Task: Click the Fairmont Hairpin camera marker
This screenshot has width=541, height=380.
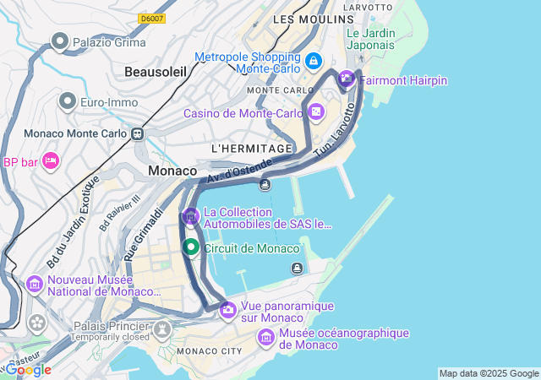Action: [347, 80]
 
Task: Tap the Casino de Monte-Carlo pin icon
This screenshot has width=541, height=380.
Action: [316, 111]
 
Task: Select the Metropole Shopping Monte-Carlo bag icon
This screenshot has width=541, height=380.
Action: [314, 62]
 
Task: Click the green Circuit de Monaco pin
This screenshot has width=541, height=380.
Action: [191, 247]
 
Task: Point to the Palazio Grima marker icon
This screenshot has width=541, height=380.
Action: [60, 41]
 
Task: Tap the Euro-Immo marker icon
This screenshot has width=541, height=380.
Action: [68, 102]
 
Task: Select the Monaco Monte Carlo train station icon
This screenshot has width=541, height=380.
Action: [137, 133]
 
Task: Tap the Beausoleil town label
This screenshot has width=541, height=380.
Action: [155, 73]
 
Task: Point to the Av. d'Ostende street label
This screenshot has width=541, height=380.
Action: [240, 170]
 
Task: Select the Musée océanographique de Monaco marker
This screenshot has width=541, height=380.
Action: [265, 338]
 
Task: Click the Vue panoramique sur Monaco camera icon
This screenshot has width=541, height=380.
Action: [227, 311]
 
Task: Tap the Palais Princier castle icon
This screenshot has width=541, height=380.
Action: [163, 326]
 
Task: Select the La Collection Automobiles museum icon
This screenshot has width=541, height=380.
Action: [191, 217]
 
